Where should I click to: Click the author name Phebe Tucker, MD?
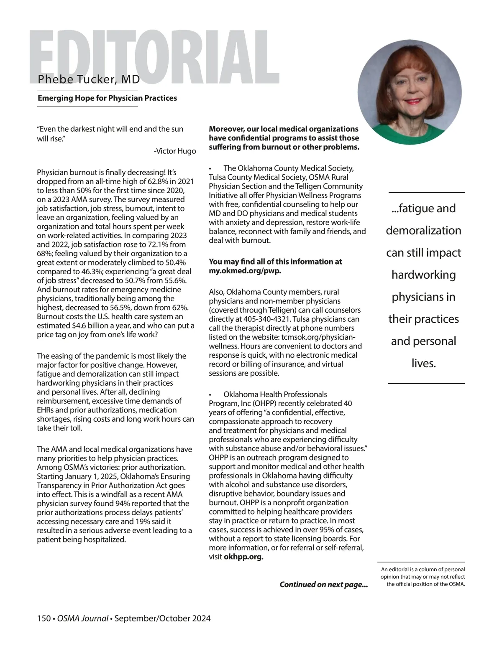coord(89,79)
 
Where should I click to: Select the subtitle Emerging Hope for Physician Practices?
coord(107,98)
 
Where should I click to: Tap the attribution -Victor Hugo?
coord(174,151)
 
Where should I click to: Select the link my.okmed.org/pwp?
coord(245,271)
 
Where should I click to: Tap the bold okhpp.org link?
coord(243,557)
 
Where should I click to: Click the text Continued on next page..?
coord(323,585)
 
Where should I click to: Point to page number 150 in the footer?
coord(44,618)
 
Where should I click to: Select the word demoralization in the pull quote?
coord(423,231)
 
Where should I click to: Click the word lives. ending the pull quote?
coord(423,363)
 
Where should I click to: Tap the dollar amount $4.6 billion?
coord(123,326)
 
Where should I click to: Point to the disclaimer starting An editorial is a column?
coord(423,577)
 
